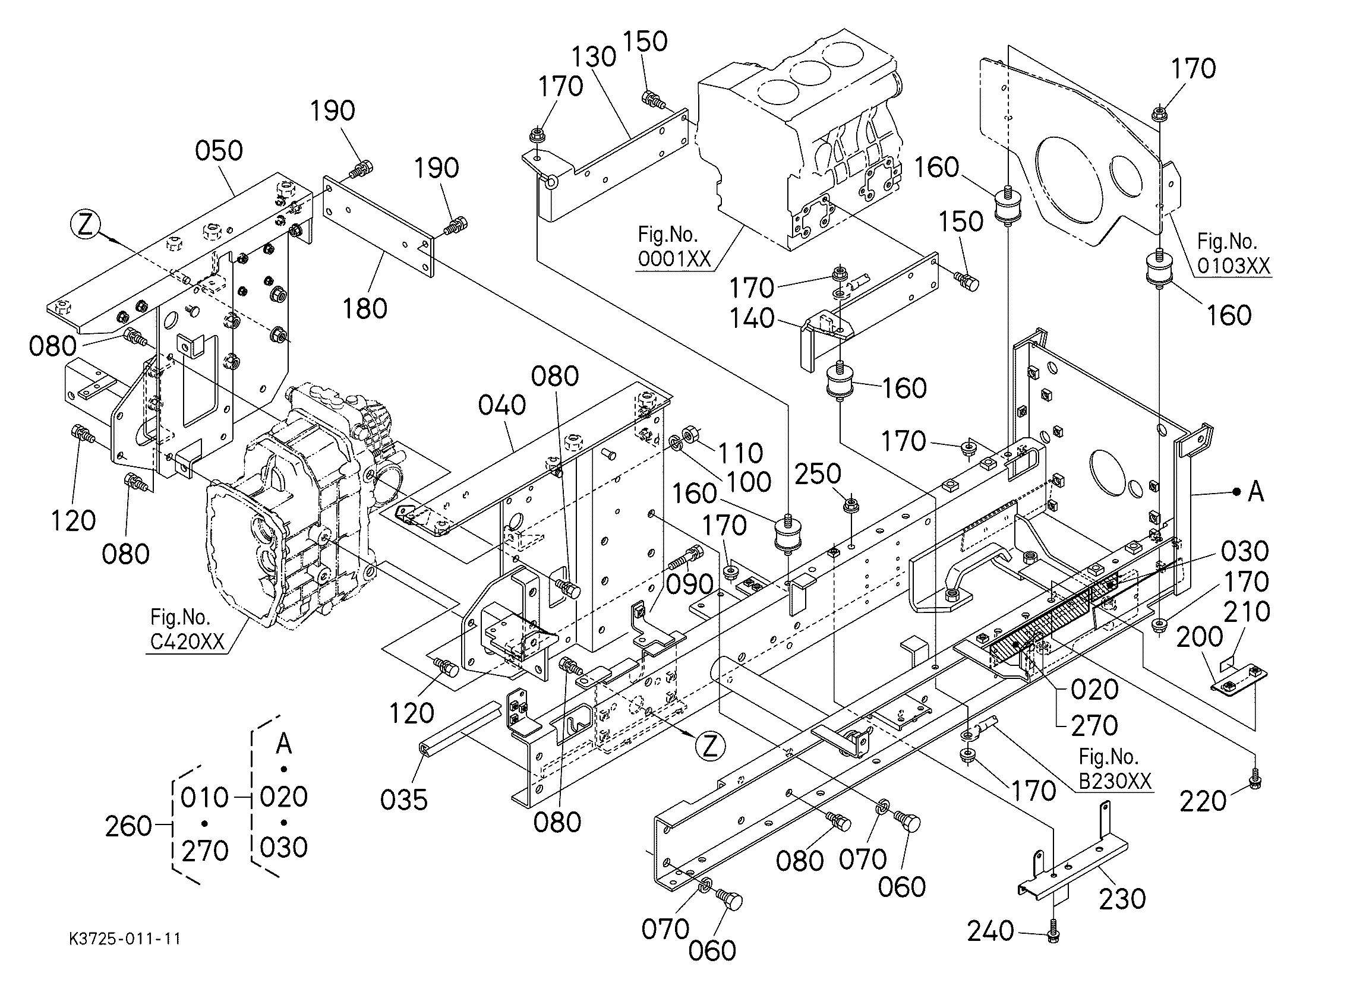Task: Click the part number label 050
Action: pyautogui.click(x=219, y=150)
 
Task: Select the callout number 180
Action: pyautogui.click(x=365, y=308)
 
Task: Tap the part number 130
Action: pyautogui.click(x=594, y=56)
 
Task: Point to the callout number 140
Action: pyautogui.click(x=752, y=318)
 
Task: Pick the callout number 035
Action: pyautogui.click(x=403, y=800)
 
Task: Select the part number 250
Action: pyautogui.click(x=818, y=474)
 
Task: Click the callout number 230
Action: pyautogui.click(x=1122, y=899)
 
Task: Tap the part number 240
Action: pyautogui.click(x=990, y=931)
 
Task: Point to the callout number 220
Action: pyautogui.click(x=1203, y=801)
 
